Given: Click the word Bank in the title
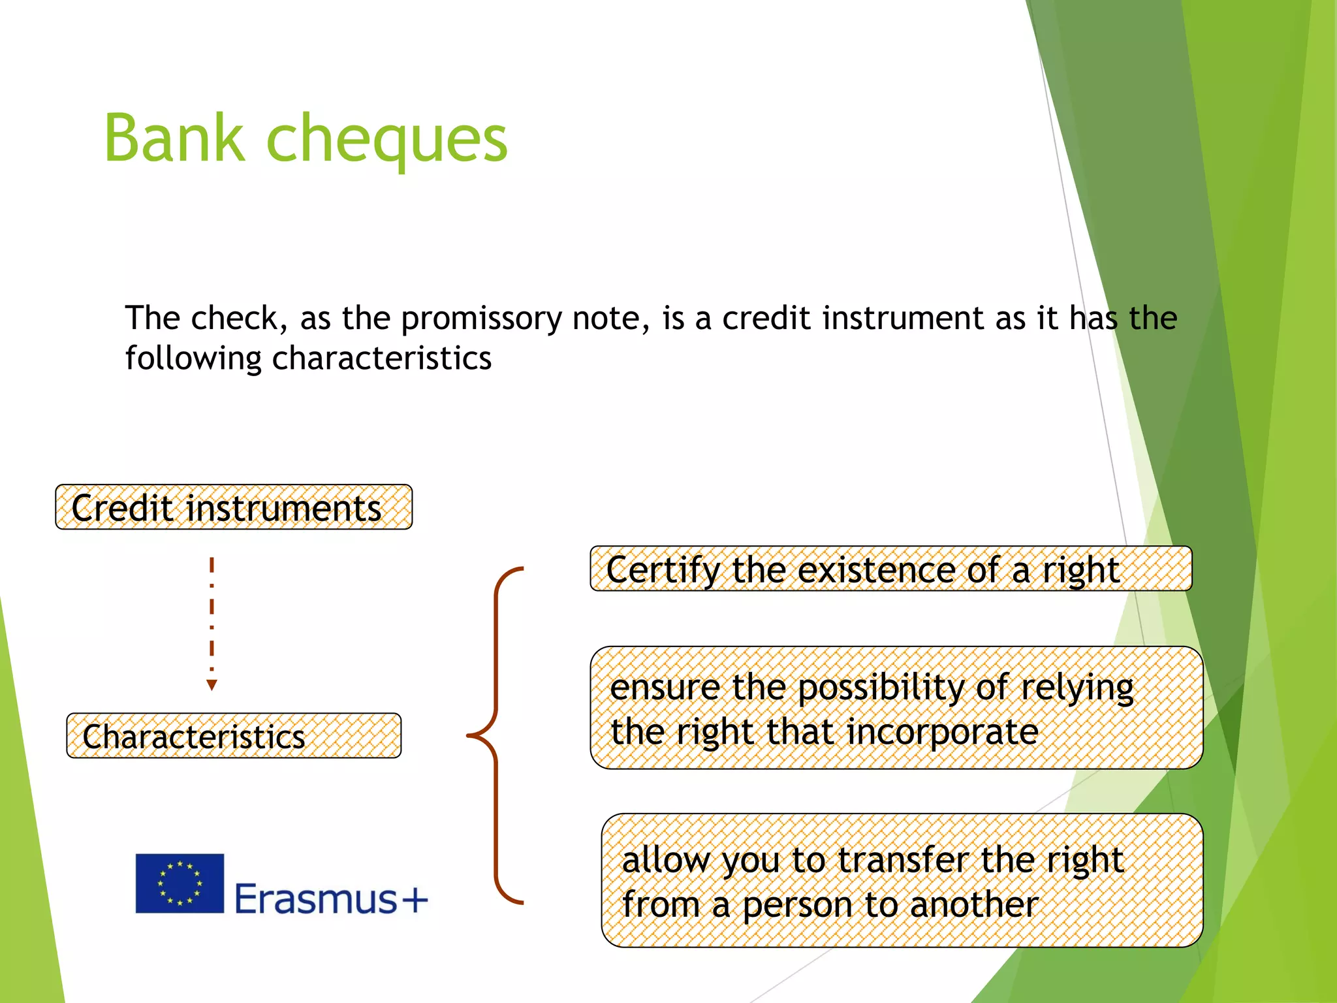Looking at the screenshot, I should (x=174, y=138).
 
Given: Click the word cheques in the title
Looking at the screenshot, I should (x=386, y=141).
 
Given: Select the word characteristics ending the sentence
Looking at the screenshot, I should (x=381, y=358).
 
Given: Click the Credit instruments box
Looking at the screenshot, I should (x=234, y=507).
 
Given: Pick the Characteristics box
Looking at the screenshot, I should (x=234, y=736).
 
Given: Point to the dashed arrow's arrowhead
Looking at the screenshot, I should (x=212, y=684).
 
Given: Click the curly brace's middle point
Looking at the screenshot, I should (x=471, y=736).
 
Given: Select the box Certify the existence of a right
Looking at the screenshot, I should (x=890, y=569).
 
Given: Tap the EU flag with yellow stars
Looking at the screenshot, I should (x=180, y=884).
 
